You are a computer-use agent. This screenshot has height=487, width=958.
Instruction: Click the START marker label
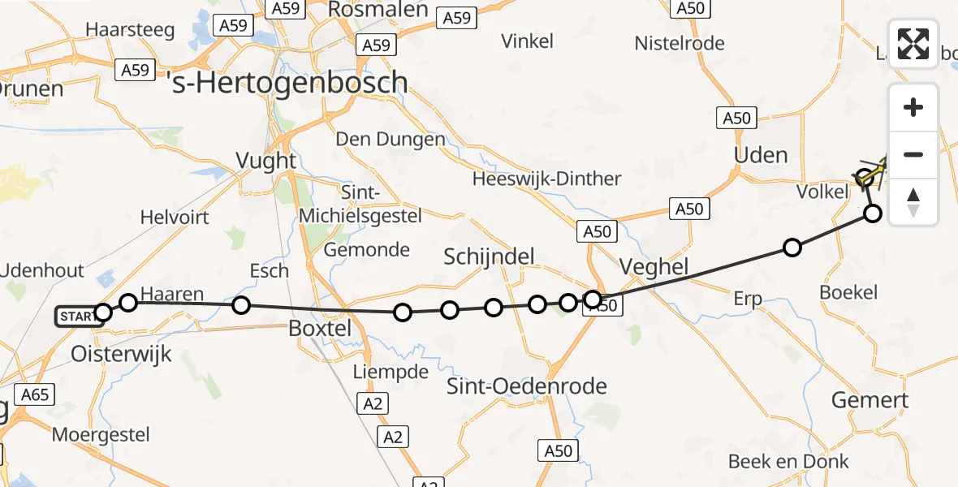tap(76, 316)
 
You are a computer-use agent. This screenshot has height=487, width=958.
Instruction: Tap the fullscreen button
tap(913, 44)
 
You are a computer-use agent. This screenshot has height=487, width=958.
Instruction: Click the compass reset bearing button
tap(913, 202)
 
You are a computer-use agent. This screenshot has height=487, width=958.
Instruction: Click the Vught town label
tap(266, 160)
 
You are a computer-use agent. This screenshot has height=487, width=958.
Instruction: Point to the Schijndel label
tap(490, 257)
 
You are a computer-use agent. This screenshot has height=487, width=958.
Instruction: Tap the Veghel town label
tap(654, 266)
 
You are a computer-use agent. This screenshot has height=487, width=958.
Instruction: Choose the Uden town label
tap(761, 154)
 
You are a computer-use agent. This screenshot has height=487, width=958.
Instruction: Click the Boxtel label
tap(321, 329)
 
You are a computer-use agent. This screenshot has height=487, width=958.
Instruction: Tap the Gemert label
tap(870, 399)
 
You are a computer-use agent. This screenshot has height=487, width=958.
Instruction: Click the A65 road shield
tap(35, 395)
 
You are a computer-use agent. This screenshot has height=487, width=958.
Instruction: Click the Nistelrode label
tap(680, 43)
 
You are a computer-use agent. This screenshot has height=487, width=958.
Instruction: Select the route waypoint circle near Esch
tap(241, 305)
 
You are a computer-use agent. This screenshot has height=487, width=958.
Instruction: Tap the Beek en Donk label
tap(788, 462)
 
